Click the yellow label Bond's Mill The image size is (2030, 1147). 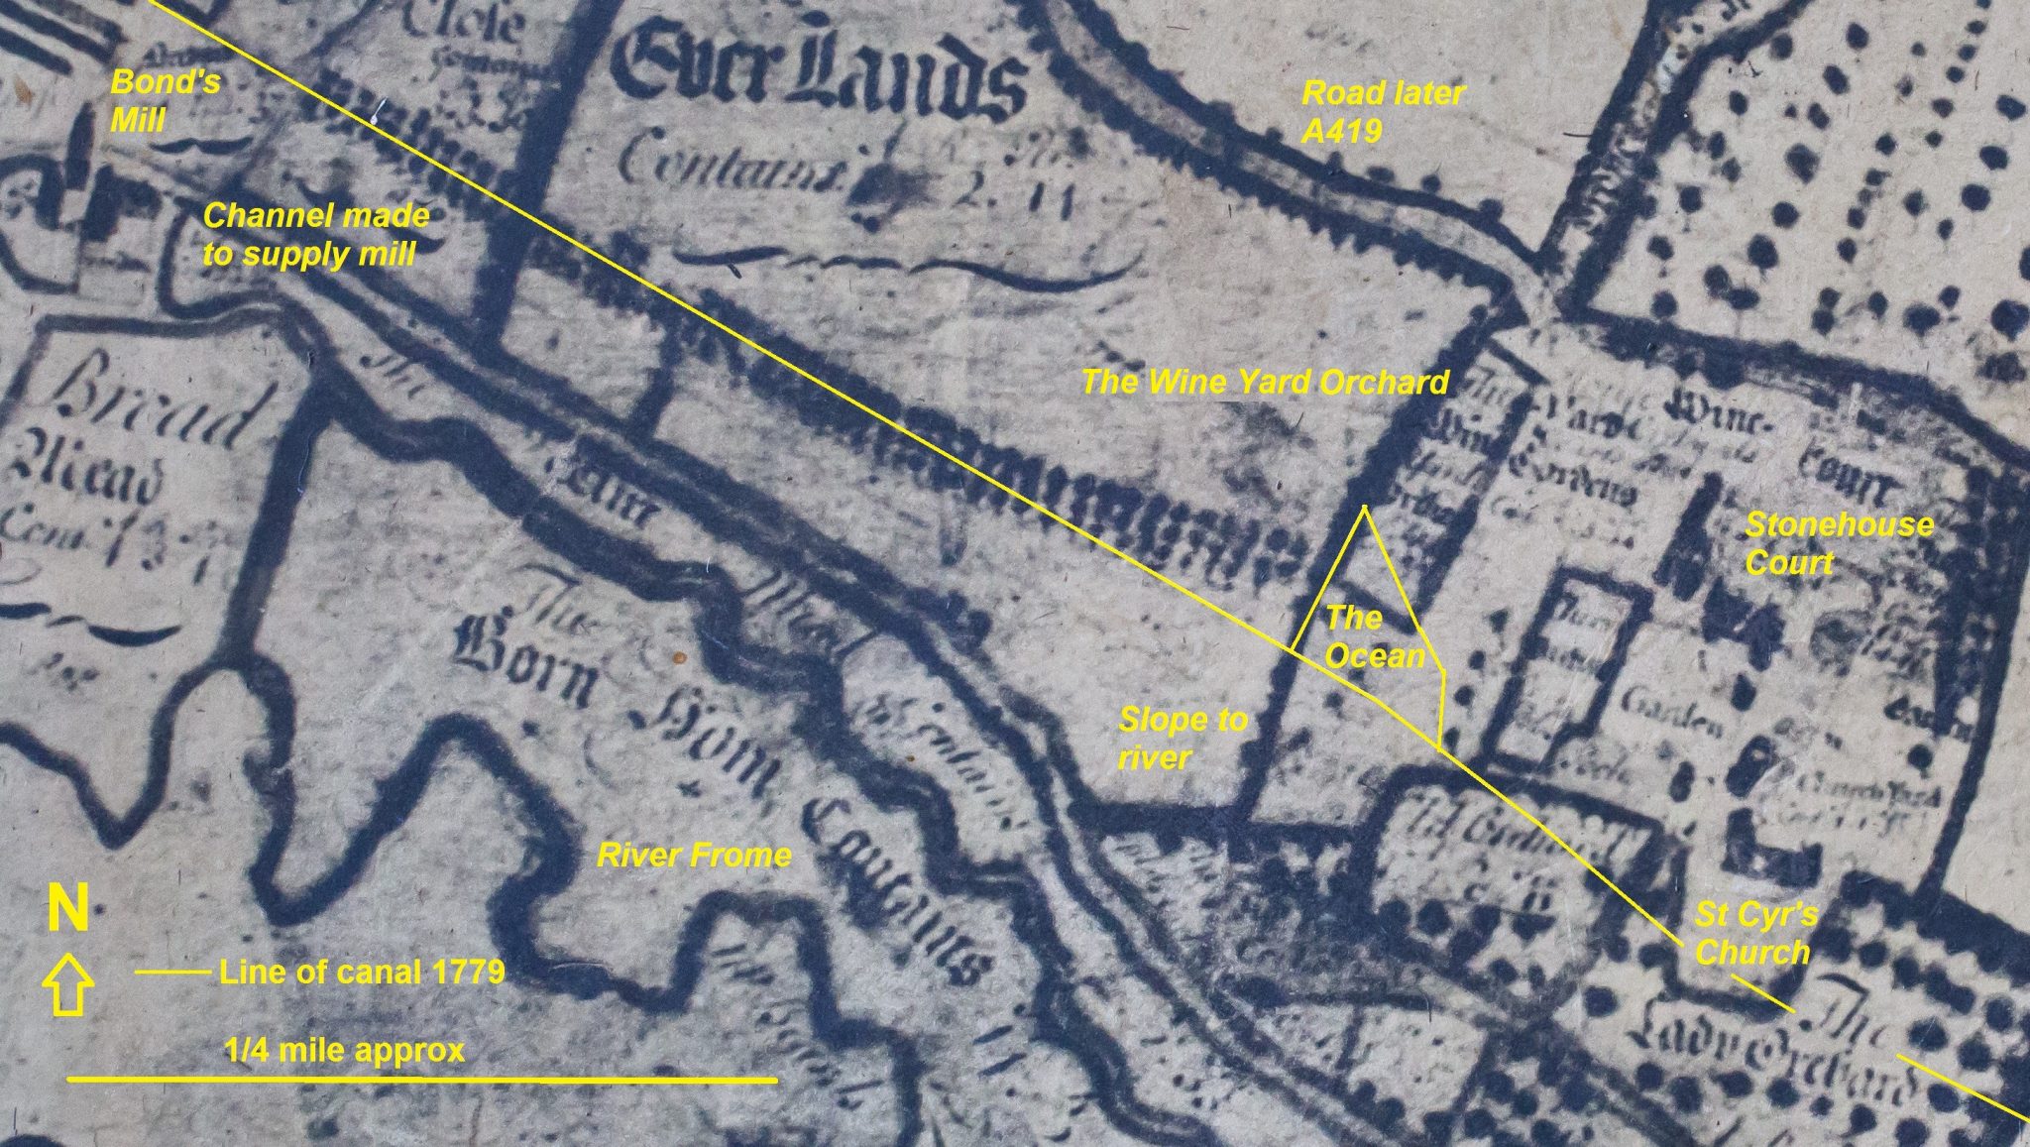pos(165,100)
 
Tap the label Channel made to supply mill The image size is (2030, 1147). pos(315,235)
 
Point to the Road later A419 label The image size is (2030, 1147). pos(1382,111)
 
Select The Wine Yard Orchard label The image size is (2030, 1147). pos(1265,382)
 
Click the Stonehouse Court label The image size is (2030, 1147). pos(1839,543)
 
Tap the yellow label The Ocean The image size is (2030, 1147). pos(1374,636)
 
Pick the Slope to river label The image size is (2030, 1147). pos(1183,738)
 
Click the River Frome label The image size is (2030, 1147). pos(694,855)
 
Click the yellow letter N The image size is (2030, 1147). pos(68,909)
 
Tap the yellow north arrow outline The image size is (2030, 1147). pos(67,984)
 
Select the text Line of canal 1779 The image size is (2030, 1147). pos(362,972)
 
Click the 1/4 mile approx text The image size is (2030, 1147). pos(345,1051)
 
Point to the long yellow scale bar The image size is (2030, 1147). pos(421,1079)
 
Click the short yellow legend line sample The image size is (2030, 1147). pos(172,973)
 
